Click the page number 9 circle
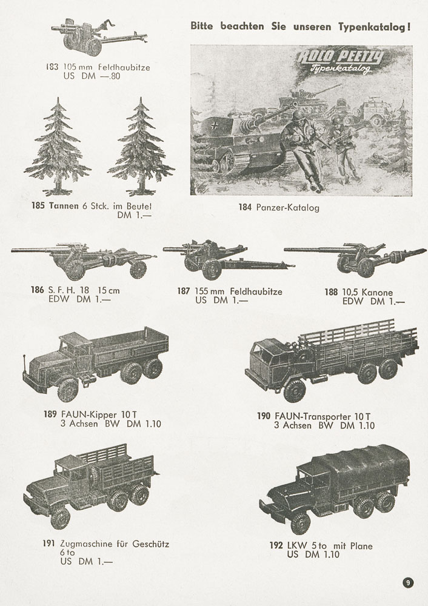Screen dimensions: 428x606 pos(408,582)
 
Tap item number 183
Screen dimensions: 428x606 pos(52,67)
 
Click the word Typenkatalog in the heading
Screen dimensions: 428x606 pos(374,27)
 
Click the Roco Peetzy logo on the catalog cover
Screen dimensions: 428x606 pos(340,61)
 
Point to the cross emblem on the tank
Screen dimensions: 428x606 pos(214,125)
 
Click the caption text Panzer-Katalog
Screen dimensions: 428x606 pos(287,208)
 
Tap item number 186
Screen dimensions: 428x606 pos(38,290)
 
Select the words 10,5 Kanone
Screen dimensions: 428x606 pos(367,293)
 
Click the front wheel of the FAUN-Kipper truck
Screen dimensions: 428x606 pos(68,390)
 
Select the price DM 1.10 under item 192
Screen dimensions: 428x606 pos(323,555)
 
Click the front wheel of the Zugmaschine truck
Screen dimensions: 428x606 pos(60,518)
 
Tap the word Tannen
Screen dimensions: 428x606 pos(64,206)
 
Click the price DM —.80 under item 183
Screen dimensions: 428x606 pos(101,76)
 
